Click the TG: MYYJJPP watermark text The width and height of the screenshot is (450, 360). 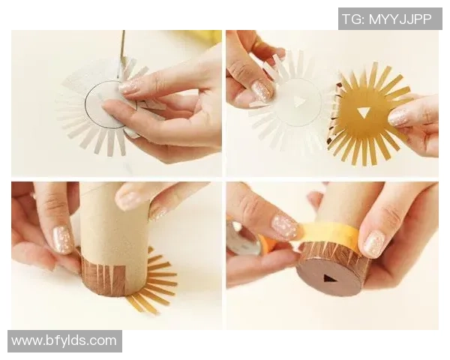click(x=387, y=19)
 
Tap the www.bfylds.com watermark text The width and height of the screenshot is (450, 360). click(x=64, y=340)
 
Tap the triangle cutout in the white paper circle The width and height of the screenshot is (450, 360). click(x=298, y=102)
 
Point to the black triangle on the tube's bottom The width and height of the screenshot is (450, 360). click(x=328, y=278)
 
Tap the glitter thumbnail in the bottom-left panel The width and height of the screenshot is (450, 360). click(x=61, y=239)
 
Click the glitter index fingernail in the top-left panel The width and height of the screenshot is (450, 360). click(x=130, y=86)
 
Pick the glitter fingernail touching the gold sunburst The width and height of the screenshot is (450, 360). click(x=400, y=118)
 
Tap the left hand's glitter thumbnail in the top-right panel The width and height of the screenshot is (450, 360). click(x=262, y=91)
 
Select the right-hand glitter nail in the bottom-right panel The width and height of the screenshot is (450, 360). click(x=373, y=244)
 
